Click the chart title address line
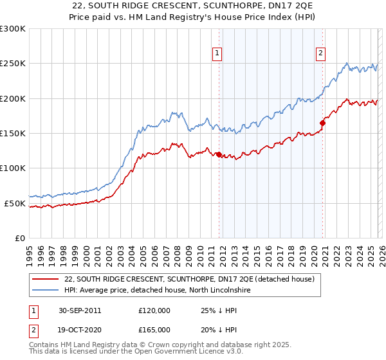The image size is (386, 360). (x=192, y=6)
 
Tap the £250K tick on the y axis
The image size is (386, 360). (x=13, y=64)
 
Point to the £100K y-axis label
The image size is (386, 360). (x=13, y=168)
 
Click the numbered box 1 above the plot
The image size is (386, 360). (x=218, y=54)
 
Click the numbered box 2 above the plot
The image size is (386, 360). (x=320, y=54)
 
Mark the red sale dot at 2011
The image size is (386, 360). (x=219, y=154)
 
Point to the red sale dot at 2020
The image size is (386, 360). (x=322, y=123)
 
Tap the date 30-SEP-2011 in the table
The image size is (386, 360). (x=79, y=310)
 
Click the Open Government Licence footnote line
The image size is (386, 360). (x=136, y=352)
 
